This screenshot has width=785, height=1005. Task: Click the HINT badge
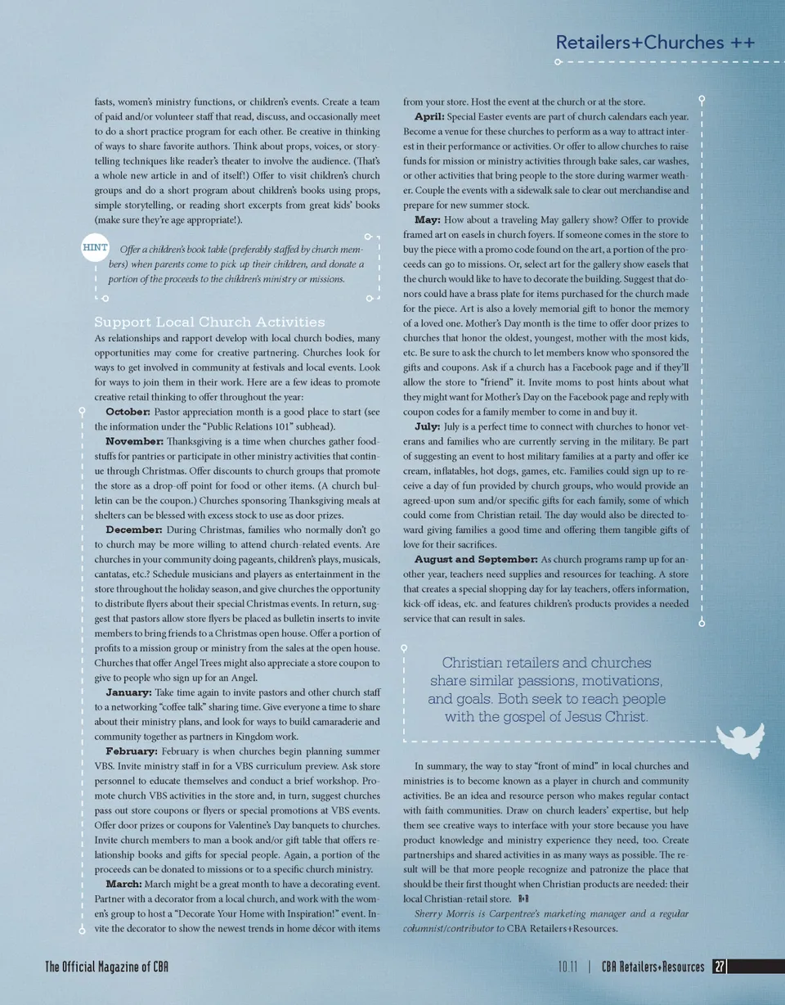(x=96, y=247)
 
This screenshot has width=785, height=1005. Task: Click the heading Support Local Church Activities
(x=209, y=322)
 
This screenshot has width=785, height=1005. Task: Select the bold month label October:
(x=128, y=412)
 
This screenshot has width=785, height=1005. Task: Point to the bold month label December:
(x=134, y=530)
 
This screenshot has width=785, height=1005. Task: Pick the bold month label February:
(x=132, y=750)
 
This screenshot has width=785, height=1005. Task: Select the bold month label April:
(x=428, y=117)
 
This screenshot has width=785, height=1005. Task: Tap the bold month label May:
(x=427, y=220)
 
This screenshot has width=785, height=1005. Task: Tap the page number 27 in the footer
(x=719, y=967)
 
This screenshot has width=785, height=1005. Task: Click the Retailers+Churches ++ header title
(x=654, y=42)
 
